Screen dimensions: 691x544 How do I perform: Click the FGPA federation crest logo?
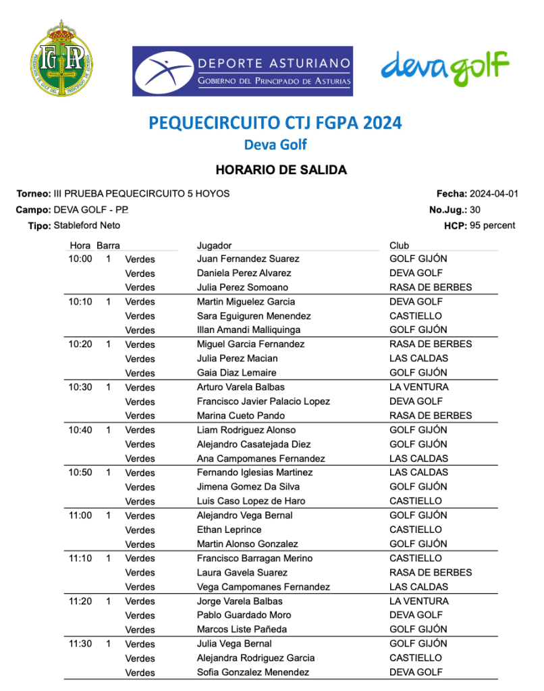[x=62, y=59]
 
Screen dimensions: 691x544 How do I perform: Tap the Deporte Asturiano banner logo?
[x=242, y=71]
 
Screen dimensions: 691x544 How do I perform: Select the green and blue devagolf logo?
[x=444, y=68]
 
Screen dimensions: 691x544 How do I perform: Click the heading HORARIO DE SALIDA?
[x=281, y=170]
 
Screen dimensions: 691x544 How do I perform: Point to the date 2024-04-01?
[x=494, y=194]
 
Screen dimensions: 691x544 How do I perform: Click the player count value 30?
[x=475, y=210]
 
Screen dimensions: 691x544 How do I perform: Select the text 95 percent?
[x=492, y=226]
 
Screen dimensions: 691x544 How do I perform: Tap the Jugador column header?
[x=214, y=245]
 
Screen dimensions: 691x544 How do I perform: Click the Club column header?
[x=399, y=245]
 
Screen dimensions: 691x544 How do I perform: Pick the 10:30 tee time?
[x=80, y=387]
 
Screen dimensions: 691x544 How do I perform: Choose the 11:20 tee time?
[x=80, y=601]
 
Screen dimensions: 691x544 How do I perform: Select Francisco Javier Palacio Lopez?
[x=263, y=401]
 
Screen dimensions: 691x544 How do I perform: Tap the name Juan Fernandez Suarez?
[x=248, y=259]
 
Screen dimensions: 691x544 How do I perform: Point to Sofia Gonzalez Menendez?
[x=253, y=672]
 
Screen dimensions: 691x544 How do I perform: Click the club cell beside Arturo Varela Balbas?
[x=418, y=387]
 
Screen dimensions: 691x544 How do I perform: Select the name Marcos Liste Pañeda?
[x=242, y=630]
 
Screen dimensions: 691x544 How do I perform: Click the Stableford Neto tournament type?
[x=86, y=226]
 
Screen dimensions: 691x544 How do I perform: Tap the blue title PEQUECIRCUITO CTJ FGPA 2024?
[x=275, y=123]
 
